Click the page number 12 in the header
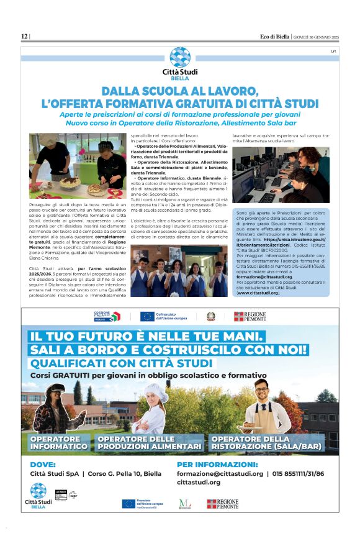[x=24, y=37]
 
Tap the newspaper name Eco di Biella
[x=274, y=37]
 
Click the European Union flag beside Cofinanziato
[x=147, y=316]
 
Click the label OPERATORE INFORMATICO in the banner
[x=59, y=443]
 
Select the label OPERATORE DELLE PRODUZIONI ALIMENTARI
[x=150, y=443]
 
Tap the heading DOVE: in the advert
[x=43, y=463]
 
